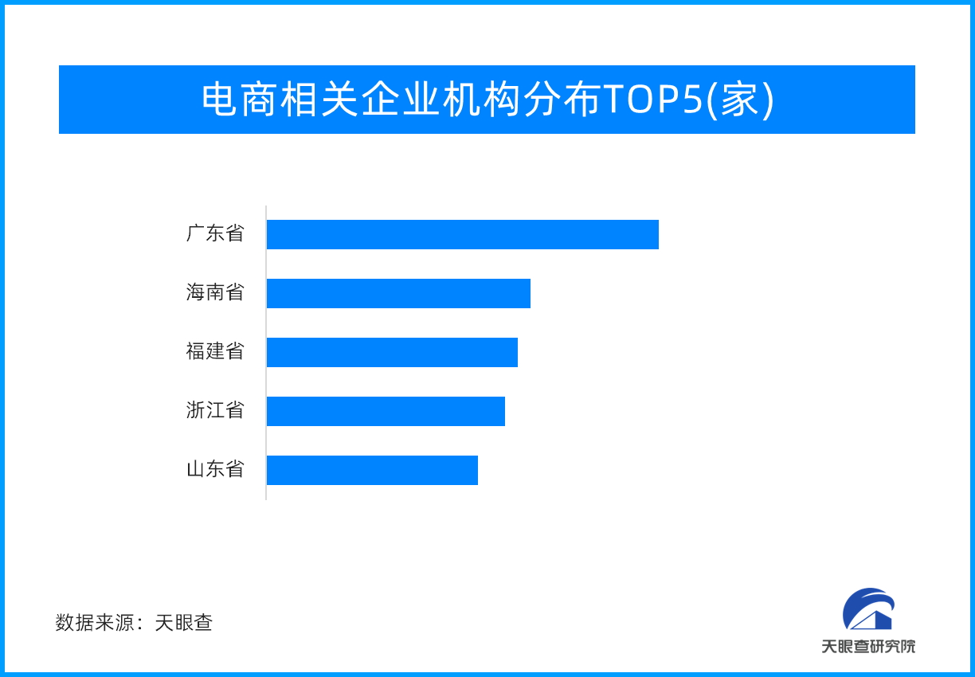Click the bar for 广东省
pos(463,234)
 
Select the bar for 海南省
pos(399,293)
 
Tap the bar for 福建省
pos(392,352)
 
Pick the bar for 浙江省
pos(386,411)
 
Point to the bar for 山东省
pos(372,471)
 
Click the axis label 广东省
pos(215,233)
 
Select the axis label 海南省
pos(215,292)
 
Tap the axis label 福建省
pos(215,351)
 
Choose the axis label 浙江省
pos(215,410)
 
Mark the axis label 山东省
pos(215,469)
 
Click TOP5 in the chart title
pos(654,100)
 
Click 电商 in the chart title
pos(240,100)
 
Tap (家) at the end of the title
pos(739,100)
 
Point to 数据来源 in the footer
pos(95,623)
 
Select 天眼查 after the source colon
pos(184,623)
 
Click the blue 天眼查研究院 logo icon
pos(868,609)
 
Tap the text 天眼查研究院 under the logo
pos(868,647)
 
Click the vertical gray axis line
pos(266,353)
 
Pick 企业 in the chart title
pos(400,100)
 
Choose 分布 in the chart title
pos(562,100)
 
